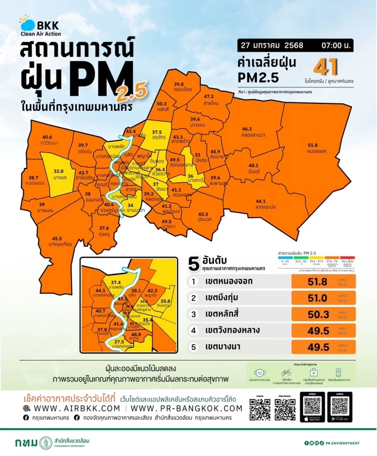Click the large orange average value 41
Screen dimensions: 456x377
click(325, 67)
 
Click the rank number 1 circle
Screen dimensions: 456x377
click(193, 281)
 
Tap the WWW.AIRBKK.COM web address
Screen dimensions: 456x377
click(71, 408)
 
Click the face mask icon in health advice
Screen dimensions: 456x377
click(259, 373)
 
